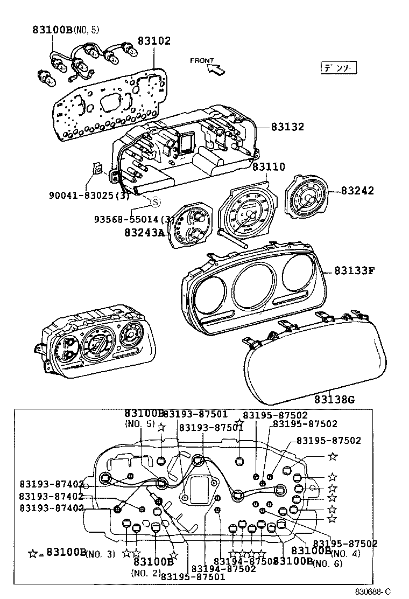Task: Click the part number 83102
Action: [x=154, y=41]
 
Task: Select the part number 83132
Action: [x=287, y=127]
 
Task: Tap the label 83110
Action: [x=269, y=168]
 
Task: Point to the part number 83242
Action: [x=357, y=191]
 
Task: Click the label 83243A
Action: [x=144, y=233]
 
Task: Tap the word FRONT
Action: [x=202, y=61]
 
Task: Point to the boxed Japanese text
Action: [x=339, y=68]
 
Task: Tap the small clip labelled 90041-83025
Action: [x=98, y=169]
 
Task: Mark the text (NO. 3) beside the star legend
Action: [x=101, y=554]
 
